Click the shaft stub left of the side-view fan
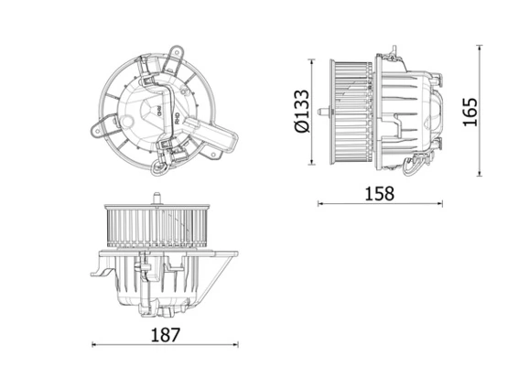321,112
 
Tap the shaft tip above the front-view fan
157,198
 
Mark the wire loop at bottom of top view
163,166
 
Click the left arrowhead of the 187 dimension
95,344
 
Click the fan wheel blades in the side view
351,112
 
